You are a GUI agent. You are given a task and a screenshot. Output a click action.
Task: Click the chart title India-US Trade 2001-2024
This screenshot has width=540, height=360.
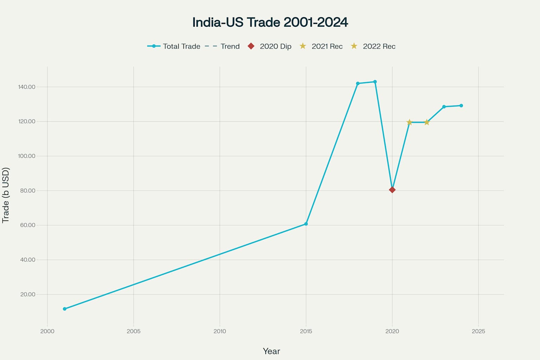[x=270, y=22]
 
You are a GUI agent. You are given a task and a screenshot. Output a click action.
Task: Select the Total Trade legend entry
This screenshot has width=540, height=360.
[x=174, y=46]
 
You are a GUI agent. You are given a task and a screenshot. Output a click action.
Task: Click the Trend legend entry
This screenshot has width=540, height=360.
[x=222, y=46]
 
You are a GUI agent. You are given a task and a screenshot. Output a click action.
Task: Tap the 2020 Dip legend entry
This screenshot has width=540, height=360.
[x=270, y=46]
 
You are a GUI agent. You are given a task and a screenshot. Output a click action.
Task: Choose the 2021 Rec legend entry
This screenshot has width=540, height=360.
[x=321, y=46]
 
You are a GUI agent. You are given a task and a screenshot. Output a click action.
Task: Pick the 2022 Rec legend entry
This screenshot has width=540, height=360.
[x=373, y=46]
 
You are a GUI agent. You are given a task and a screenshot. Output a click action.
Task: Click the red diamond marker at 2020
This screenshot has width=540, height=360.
[x=392, y=190]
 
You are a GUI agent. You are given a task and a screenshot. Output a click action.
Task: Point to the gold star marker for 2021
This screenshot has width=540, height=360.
[x=409, y=122]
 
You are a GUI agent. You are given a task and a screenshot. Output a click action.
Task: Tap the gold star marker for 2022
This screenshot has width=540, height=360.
[x=427, y=122]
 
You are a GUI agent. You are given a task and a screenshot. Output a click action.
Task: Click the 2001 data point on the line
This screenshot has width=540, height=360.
[x=65, y=309]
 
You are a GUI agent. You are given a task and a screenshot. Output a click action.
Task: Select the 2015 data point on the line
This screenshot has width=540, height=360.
[x=306, y=224]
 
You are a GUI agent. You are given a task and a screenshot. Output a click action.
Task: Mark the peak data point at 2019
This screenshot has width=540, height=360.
[x=375, y=82]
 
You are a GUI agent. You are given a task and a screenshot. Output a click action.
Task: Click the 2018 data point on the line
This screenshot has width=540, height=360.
[x=358, y=84]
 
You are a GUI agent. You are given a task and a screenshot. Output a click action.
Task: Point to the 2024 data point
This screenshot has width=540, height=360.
[x=461, y=105]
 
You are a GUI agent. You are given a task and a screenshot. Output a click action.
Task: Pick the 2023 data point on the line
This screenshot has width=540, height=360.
[x=444, y=107]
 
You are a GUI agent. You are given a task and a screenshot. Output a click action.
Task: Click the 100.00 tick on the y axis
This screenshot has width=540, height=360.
[x=27, y=156]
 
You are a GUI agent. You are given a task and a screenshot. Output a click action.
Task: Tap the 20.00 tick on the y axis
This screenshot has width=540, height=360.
[x=28, y=295]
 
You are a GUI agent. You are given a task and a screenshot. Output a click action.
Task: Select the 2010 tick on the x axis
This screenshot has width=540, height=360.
[x=220, y=331]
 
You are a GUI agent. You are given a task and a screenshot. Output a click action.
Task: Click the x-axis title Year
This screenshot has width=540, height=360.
[x=271, y=351]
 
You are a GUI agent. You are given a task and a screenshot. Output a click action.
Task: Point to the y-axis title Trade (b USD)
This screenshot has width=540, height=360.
[x=6, y=195]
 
